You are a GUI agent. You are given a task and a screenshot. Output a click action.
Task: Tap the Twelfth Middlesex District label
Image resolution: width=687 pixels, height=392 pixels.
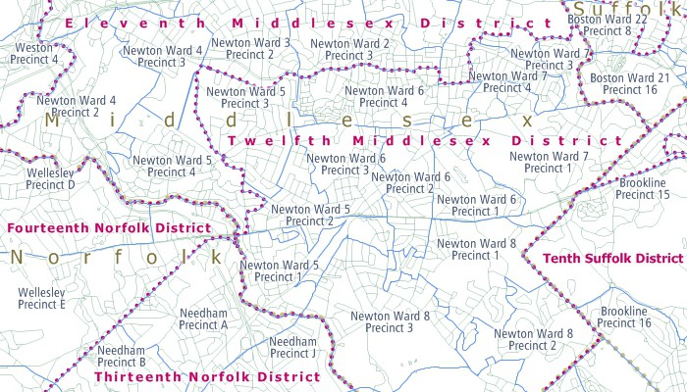point(425,141)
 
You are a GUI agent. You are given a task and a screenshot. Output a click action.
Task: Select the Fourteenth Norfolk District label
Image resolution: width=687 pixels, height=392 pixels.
point(108,228)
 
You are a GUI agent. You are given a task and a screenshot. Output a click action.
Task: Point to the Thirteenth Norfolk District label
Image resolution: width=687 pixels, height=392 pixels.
point(207,376)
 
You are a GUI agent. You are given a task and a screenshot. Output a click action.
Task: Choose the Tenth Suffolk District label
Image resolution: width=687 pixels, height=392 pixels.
point(612,258)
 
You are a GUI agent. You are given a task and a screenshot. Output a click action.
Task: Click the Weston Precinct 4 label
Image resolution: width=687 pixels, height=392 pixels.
point(33,54)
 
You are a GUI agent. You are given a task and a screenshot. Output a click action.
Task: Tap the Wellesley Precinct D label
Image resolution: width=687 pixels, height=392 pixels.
point(51,177)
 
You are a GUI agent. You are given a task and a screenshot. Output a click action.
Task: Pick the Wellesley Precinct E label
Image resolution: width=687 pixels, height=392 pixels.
point(42,299)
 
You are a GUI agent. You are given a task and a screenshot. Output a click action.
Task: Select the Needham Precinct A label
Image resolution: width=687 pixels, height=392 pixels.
point(204,318)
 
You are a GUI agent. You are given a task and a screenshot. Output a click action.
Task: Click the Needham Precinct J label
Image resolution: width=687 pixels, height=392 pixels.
point(292,347)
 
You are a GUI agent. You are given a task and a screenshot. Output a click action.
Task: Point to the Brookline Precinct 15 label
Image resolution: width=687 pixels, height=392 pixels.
point(643,189)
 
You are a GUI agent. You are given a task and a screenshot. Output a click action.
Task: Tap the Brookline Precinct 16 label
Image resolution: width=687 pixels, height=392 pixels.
point(625,317)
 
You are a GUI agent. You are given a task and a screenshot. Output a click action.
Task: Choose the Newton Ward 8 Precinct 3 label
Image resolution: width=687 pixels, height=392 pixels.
point(391,321)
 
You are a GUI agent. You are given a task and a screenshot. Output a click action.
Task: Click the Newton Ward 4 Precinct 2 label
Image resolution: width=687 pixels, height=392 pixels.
point(76,106)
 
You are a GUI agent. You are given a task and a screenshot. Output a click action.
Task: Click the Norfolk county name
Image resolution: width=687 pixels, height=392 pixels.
point(116,258)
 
